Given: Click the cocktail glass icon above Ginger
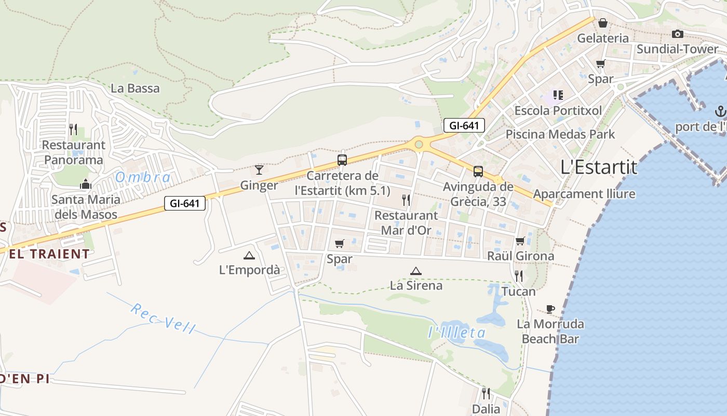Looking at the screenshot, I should click(259, 170).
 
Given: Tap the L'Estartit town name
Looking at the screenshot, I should click(599, 167).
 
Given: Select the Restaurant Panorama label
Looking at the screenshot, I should click(73, 152).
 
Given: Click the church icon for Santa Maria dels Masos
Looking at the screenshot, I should click(86, 184).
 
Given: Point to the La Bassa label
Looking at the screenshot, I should click(135, 88).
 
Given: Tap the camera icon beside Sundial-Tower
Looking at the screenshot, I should click(677, 34).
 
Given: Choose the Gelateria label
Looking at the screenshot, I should click(602, 38).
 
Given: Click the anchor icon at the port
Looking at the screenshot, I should click(720, 111).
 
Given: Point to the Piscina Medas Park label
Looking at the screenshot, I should click(560, 134).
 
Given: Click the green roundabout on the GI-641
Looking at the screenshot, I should click(419, 144).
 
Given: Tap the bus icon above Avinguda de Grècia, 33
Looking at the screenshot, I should click(478, 171).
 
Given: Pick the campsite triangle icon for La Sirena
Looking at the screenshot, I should click(415, 271).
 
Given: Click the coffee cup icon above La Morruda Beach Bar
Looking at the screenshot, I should click(550, 309).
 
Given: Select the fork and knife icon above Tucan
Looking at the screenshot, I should click(518, 276).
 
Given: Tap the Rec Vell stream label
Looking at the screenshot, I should click(163, 318).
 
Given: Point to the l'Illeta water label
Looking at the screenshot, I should click(457, 333).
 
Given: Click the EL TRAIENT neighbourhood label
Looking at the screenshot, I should click(49, 254).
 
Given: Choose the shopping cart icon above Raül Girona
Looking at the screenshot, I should click(520, 241).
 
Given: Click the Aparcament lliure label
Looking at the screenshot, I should click(584, 194).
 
